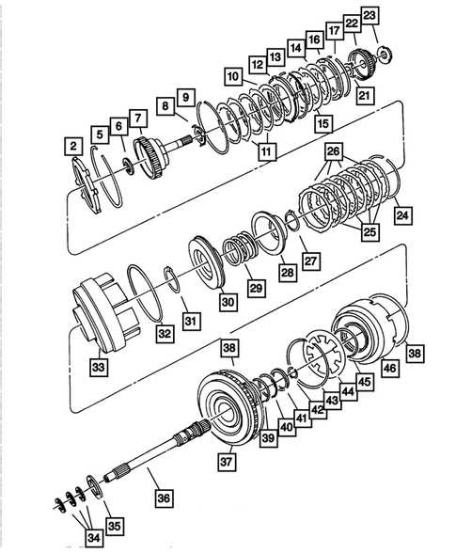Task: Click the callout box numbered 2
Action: click(x=71, y=146)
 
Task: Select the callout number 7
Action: click(x=138, y=118)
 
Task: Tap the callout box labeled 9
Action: click(x=184, y=97)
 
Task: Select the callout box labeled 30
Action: click(x=228, y=302)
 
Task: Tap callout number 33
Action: click(x=98, y=364)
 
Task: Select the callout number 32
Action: click(x=165, y=332)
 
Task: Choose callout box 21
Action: click(x=366, y=94)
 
